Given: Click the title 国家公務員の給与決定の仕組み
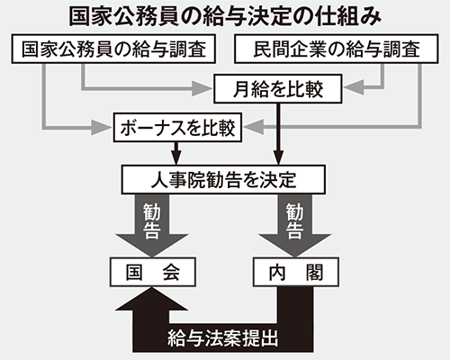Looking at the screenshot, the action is click(x=225, y=16).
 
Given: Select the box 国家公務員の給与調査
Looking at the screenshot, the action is click(x=113, y=49).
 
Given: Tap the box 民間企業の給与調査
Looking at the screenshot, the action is click(x=337, y=49).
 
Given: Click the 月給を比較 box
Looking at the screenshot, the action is click(x=278, y=89).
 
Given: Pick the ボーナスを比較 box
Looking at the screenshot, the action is click(x=177, y=128).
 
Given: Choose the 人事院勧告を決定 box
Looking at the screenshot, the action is click(x=223, y=179).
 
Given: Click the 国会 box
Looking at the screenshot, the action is click(x=153, y=272).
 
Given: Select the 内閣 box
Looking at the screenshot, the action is click(x=296, y=272).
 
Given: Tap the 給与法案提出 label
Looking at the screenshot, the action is click(x=223, y=338).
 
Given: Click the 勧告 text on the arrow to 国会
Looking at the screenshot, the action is click(x=152, y=221).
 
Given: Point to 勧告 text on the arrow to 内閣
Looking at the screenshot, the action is click(x=294, y=221).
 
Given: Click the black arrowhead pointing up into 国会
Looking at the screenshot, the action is click(x=152, y=299).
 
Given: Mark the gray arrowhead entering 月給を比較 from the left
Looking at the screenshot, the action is click(x=202, y=89).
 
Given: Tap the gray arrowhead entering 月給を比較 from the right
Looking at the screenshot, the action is click(x=354, y=87).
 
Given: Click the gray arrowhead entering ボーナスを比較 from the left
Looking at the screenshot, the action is click(x=102, y=128).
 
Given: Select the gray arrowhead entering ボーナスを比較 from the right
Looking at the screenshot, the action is click(x=254, y=127).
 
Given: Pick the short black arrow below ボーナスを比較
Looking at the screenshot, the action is click(x=176, y=153).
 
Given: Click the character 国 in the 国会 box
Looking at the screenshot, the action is click(x=134, y=273).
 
